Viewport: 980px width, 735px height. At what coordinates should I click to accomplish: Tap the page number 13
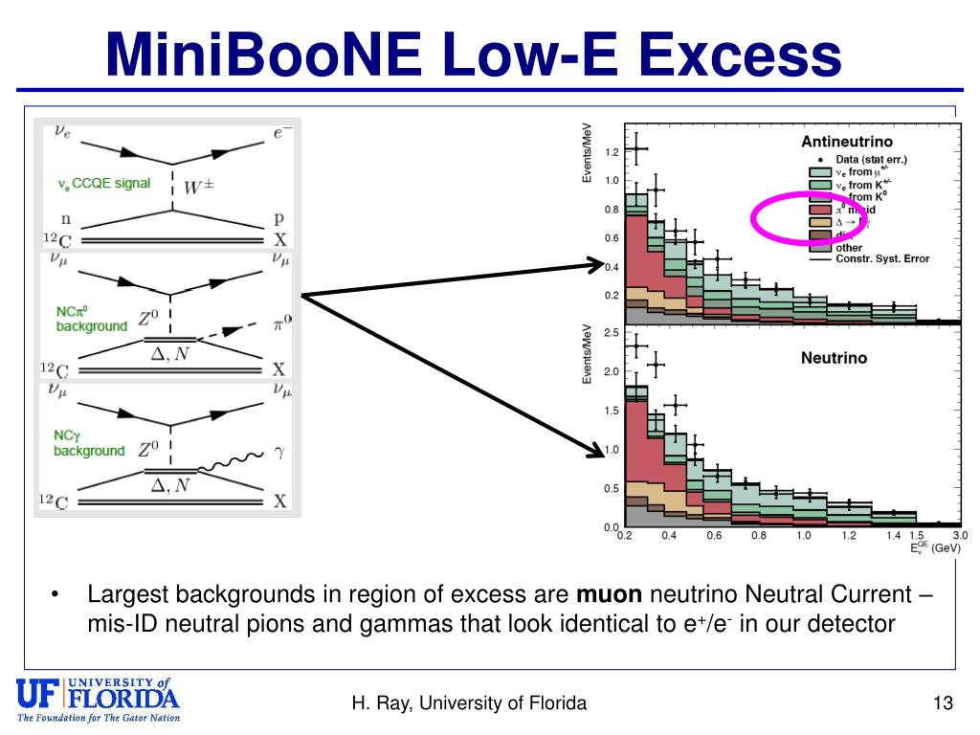(x=943, y=704)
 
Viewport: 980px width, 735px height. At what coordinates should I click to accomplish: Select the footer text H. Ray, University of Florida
(x=469, y=704)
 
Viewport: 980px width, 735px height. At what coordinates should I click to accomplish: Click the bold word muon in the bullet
(x=603, y=594)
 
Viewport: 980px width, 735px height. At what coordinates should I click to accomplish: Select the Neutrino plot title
(x=834, y=357)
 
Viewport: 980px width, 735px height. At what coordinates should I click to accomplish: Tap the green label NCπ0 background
(x=90, y=319)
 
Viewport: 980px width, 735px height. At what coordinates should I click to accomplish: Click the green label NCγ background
(x=88, y=443)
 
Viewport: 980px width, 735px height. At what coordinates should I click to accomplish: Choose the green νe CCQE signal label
(x=103, y=183)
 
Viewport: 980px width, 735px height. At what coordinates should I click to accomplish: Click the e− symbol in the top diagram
(x=281, y=135)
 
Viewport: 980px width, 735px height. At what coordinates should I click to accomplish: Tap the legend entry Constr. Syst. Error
(x=881, y=258)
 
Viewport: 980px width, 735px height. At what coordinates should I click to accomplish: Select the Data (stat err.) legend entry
(x=870, y=160)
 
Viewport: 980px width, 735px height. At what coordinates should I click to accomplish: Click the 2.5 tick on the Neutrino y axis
(x=611, y=332)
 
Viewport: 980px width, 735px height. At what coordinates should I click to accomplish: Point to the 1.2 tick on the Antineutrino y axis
(x=611, y=152)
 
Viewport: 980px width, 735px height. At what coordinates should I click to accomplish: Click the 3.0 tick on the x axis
(x=960, y=536)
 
